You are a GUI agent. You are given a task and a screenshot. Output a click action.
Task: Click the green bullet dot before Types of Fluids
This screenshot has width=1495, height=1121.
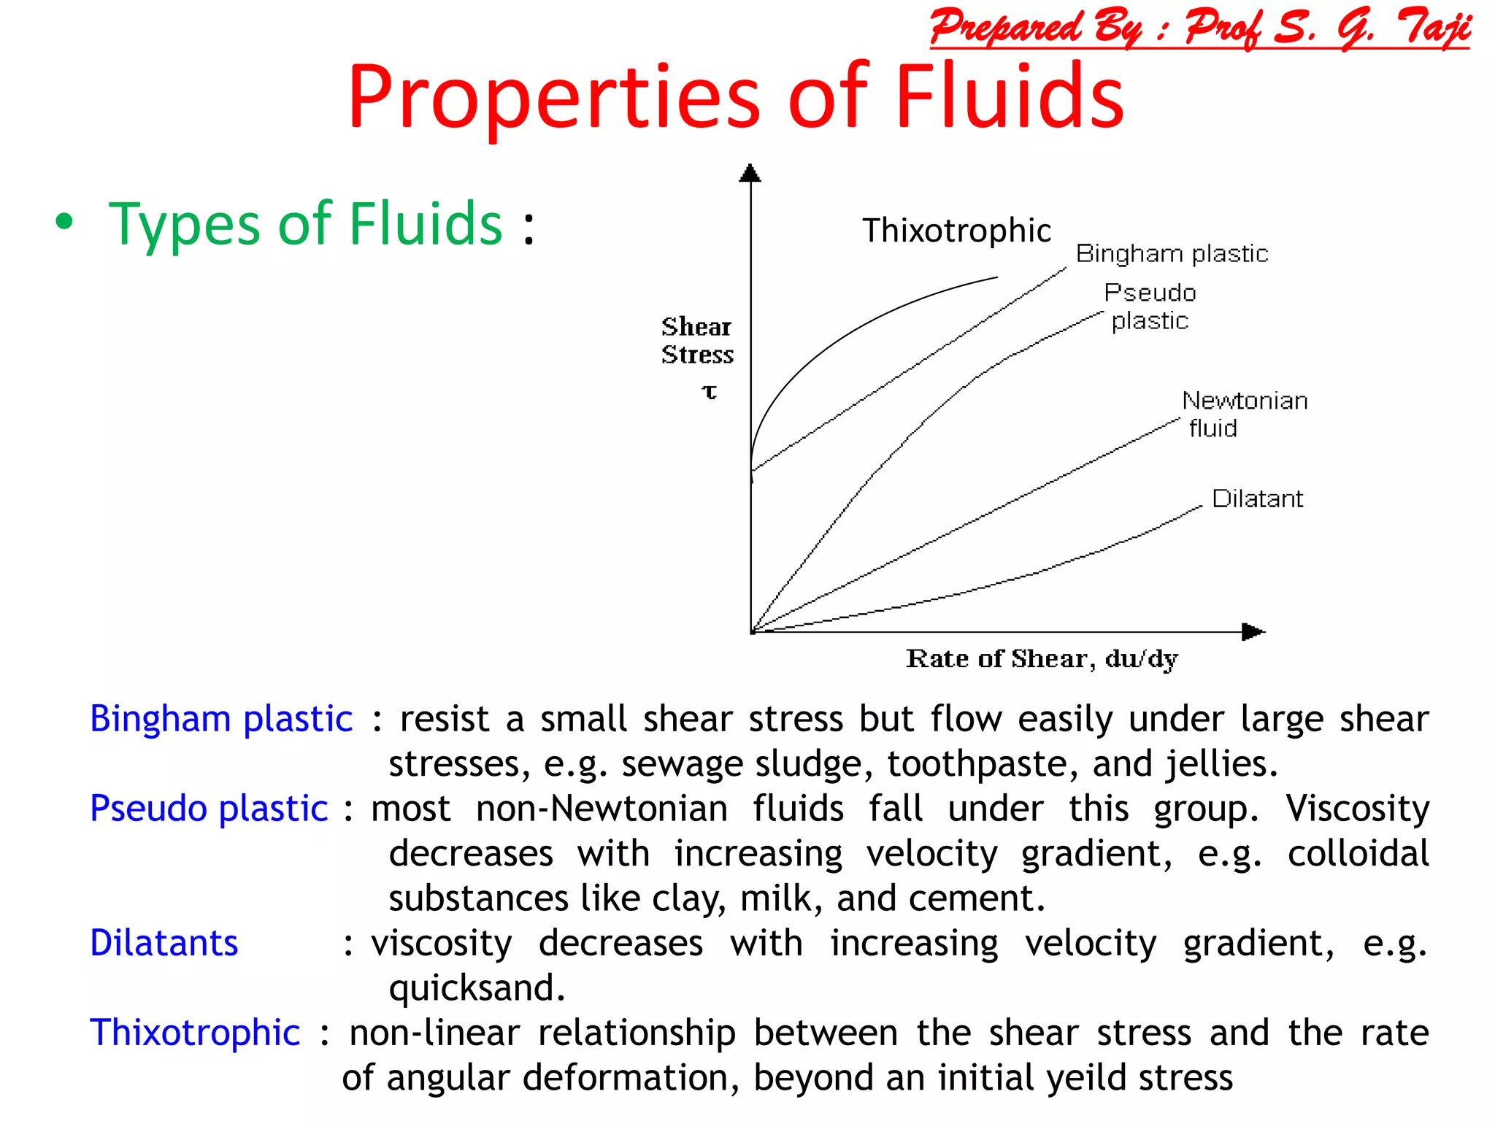[64, 222]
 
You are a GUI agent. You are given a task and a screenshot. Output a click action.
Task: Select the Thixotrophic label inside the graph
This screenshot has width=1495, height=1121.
[956, 231]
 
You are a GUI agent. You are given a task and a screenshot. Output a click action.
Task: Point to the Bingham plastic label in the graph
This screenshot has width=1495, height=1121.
[1172, 253]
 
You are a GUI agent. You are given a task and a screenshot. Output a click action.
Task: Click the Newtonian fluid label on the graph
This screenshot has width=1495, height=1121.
[1244, 414]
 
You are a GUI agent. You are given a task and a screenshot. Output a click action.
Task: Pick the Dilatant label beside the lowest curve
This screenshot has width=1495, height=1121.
[1257, 498]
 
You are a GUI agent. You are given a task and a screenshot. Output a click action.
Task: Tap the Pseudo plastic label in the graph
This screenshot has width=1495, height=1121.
[1150, 307]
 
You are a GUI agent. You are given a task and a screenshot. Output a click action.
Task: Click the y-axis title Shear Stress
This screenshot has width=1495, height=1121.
[696, 340]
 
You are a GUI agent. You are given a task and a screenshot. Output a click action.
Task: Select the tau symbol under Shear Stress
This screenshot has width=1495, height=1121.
[709, 392]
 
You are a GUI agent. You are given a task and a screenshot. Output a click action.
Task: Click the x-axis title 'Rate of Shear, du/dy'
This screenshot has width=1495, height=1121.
[1042, 658]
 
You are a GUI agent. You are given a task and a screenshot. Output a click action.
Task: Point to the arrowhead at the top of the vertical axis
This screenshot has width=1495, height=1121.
[750, 173]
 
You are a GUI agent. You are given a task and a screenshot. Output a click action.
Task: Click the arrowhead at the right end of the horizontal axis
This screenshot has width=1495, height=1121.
[1253, 631]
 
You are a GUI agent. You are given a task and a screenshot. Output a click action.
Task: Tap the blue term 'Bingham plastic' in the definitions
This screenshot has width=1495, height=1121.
[221, 719]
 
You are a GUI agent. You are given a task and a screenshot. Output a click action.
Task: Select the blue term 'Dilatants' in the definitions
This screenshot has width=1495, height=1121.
[164, 943]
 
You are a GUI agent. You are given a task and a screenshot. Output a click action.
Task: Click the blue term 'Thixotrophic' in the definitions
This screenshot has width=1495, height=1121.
[195, 1033]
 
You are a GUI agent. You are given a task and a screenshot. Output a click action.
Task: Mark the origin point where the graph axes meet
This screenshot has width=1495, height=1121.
[751, 632]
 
